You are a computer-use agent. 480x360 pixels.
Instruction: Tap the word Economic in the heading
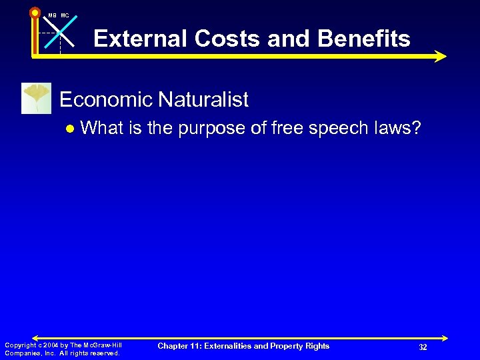tap(107, 100)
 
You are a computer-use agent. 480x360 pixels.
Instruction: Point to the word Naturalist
tap(203, 100)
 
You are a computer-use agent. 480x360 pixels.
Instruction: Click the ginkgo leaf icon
tap(36, 98)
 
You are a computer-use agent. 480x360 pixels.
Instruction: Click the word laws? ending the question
tap(398, 128)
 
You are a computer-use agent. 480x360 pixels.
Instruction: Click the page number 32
tap(423, 347)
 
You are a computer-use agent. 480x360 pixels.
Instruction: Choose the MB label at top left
tap(52, 15)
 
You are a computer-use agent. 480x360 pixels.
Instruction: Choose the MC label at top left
tap(65, 15)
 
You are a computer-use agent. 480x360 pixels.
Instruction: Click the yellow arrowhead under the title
tap(439, 57)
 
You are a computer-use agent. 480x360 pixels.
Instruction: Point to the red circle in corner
tap(35, 11)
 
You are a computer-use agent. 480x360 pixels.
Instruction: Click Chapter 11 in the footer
tap(180, 346)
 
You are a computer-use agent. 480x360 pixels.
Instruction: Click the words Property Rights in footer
tap(303, 346)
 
